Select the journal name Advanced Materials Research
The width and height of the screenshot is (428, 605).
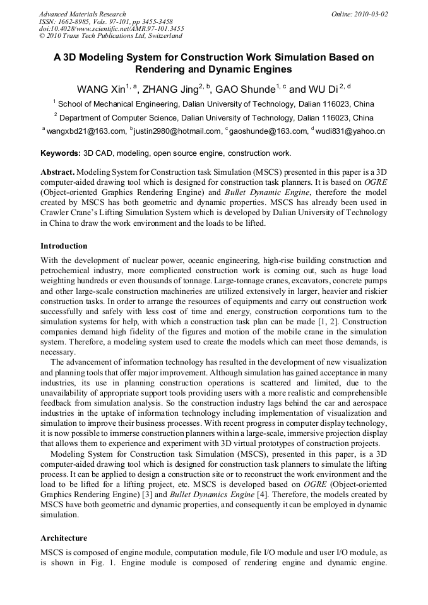pyautogui.click(x=82, y=13)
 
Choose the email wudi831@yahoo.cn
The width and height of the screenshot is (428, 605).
pyautogui.click(x=350, y=131)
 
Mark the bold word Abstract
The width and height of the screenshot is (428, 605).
pyautogui.click(x=58, y=172)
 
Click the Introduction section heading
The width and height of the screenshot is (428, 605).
pyautogui.click(x=64, y=245)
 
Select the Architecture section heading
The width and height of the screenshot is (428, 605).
pyautogui.click(x=64, y=538)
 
